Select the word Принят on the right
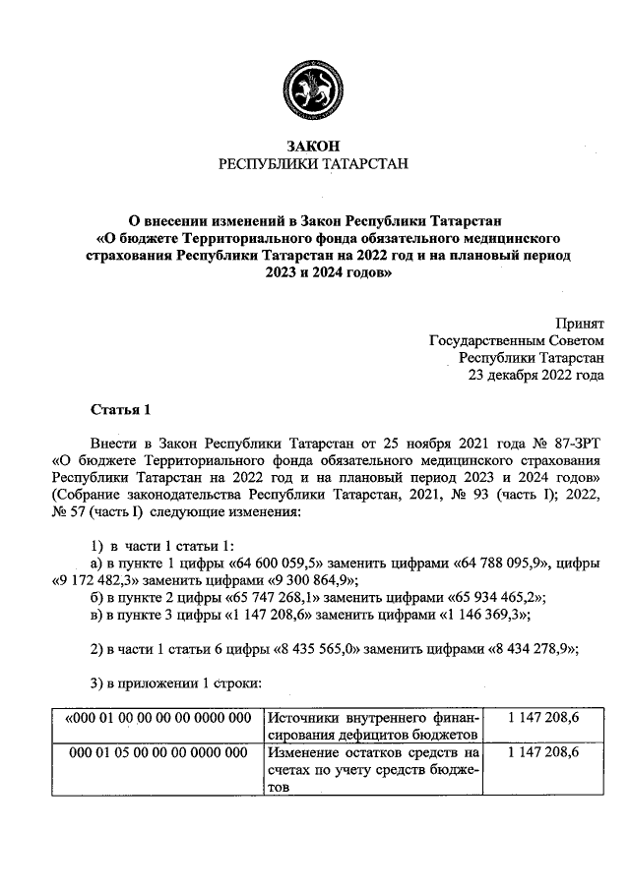click(580, 322)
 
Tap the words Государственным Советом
click(517, 339)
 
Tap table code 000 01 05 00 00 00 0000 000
click(157, 753)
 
